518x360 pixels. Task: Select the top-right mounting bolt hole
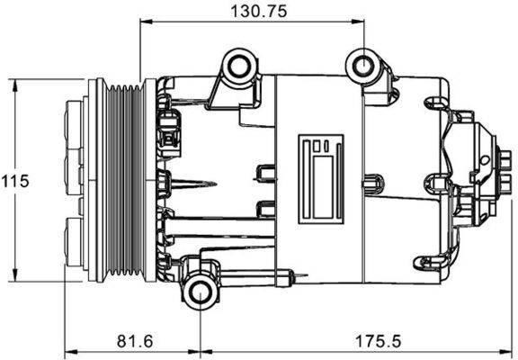[362, 66]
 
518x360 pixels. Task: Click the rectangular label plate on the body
[321, 176]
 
